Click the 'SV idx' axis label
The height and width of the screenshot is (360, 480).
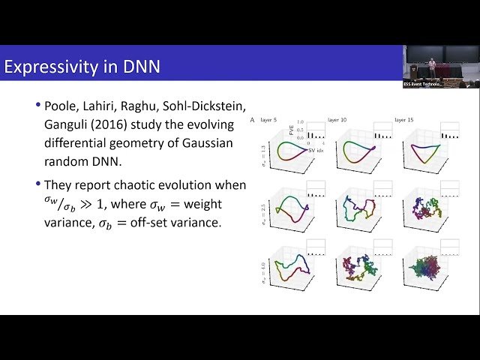[295, 141]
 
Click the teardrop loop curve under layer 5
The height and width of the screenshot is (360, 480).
[285, 152]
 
